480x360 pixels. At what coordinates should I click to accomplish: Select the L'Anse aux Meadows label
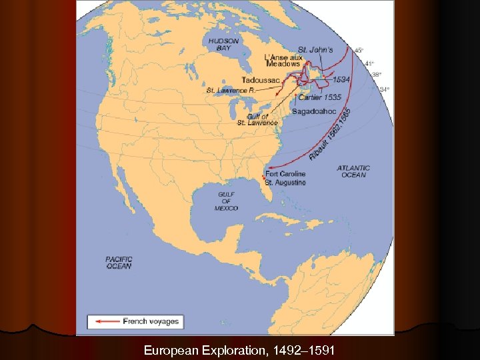283,61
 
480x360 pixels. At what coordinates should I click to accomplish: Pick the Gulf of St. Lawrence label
257,120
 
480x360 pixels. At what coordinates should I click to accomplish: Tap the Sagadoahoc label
313,111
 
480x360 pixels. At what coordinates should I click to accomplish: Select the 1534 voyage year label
341,79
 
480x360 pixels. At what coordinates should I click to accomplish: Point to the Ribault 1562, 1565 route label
330,135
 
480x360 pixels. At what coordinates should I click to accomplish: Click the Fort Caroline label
285,175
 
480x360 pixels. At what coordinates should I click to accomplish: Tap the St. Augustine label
285,182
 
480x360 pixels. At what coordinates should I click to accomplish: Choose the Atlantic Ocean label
353,171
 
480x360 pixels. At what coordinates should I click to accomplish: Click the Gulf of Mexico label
226,201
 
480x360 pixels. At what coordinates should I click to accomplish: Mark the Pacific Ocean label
119,263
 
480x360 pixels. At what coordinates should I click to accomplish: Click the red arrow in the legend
107,321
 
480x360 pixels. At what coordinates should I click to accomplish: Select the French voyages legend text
151,321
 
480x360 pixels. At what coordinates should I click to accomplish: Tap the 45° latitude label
359,50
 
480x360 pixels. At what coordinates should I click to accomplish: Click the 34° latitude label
384,89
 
